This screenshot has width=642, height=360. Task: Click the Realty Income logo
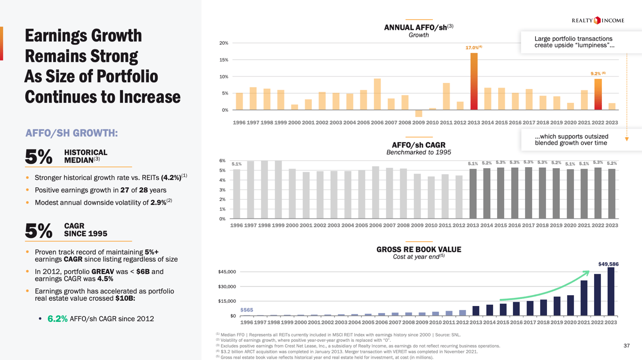[598, 20]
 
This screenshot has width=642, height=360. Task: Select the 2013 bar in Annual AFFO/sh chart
[474, 82]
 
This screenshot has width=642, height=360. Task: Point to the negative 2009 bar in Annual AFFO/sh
[419, 113]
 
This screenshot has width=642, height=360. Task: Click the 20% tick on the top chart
[223, 43]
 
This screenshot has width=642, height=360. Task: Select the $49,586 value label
[608, 264]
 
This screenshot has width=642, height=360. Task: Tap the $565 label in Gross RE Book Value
[247, 310]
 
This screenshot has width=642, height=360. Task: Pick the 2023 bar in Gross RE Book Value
[611, 292]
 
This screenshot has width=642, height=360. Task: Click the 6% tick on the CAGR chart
[222, 161]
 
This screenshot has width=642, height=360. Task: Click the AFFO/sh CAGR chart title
[419, 145]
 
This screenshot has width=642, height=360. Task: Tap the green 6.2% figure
[57, 319]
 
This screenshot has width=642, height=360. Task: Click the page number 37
[626, 346]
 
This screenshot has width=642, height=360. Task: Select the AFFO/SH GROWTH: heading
[71, 133]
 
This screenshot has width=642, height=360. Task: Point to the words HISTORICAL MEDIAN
[86, 156]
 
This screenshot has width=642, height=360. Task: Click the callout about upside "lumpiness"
[574, 42]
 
